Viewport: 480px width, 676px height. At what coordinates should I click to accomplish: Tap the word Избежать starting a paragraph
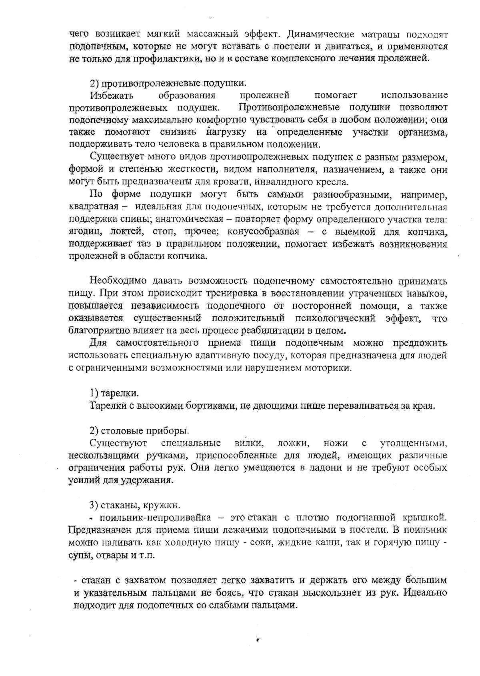pyautogui.click(x=112, y=96)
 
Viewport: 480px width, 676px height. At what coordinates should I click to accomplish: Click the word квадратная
pyautogui.click(x=94, y=207)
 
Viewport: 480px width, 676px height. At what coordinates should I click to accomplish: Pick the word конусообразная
pyautogui.click(x=264, y=232)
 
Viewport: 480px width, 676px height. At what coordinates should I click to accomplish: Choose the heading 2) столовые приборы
pyautogui.click(x=139, y=430)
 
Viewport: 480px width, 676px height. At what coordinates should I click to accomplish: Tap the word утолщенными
pyautogui.click(x=413, y=443)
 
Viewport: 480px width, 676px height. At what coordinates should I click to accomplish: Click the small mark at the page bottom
pyautogui.click(x=258, y=640)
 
